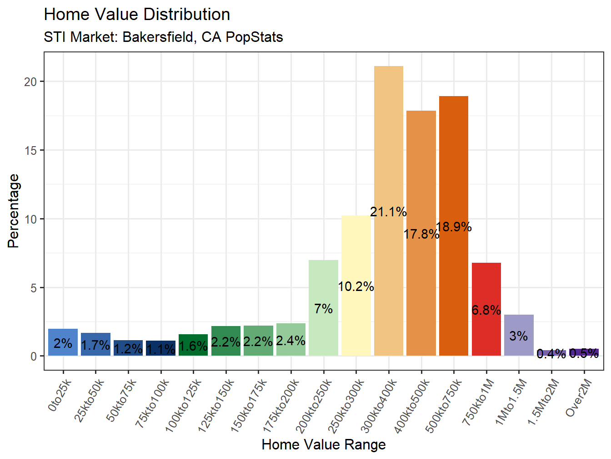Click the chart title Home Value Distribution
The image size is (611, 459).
137,15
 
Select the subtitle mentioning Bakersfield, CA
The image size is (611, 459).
163,37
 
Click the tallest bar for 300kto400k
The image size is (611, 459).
389,137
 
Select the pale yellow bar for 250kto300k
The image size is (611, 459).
356,246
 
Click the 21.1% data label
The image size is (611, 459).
388,212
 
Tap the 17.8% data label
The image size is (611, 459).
421,234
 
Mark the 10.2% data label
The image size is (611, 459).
356,286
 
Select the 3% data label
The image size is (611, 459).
518,336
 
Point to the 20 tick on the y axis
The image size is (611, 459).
30,82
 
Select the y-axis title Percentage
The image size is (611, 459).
14,211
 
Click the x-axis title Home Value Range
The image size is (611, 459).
324,444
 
